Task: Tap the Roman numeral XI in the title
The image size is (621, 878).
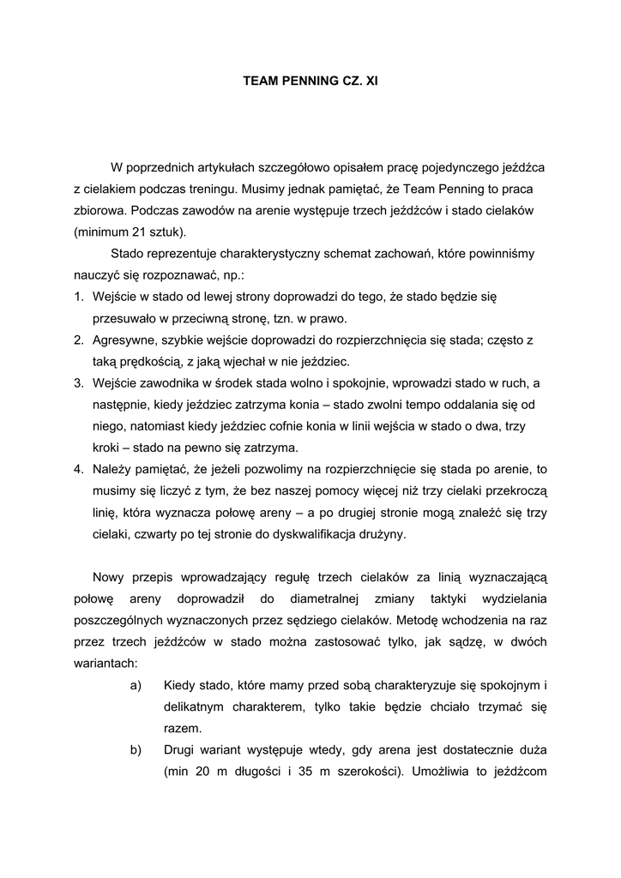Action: pyautogui.click(x=371, y=81)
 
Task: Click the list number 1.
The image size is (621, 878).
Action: pyautogui.click(x=77, y=297)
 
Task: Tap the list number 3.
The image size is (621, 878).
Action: pyautogui.click(x=77, y=382)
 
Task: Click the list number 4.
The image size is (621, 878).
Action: pyautogui.click(x=77, y=469)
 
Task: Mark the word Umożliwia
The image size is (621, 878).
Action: pyautogui.click(x=445, y=771)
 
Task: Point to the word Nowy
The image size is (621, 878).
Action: pyautogui.click(x=109, y=576)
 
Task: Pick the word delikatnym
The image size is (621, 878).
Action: pyautogui.click(x=196, y=706)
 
